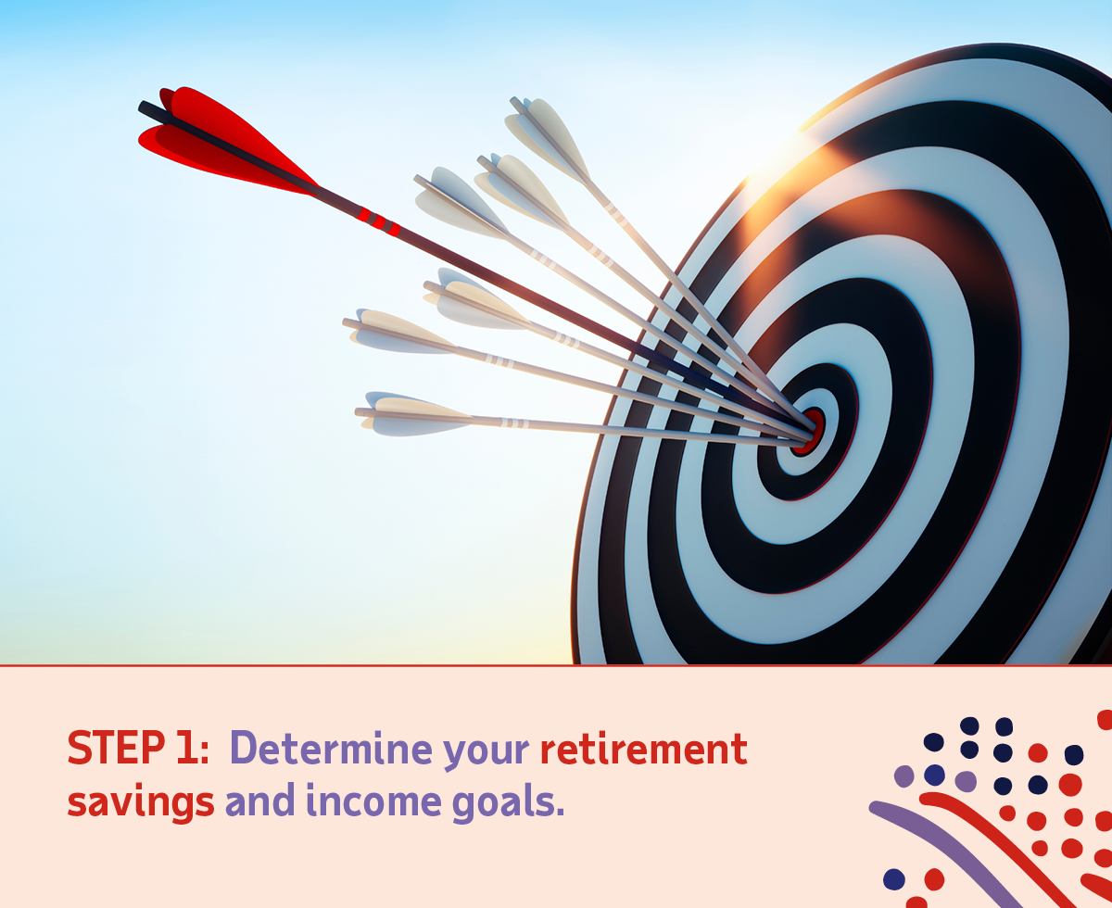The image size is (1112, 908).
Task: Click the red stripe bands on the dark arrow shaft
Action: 378,221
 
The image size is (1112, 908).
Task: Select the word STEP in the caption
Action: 116,749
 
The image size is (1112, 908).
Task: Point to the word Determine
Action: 331,749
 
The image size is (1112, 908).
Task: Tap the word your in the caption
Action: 486,754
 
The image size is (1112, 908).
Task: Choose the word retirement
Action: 644,749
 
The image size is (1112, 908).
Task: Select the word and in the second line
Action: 259,800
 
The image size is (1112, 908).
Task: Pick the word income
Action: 373,800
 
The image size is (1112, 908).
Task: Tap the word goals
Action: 502,802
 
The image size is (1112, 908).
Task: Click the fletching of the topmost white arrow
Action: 549,138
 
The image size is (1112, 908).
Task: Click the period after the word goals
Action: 560,812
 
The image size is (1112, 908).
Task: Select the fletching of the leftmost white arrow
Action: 399,331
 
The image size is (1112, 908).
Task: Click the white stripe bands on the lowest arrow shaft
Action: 514,422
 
